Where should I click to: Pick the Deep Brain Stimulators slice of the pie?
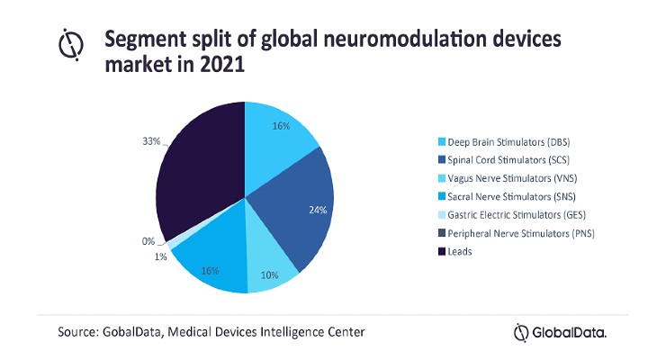279,135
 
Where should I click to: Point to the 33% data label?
151,141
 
